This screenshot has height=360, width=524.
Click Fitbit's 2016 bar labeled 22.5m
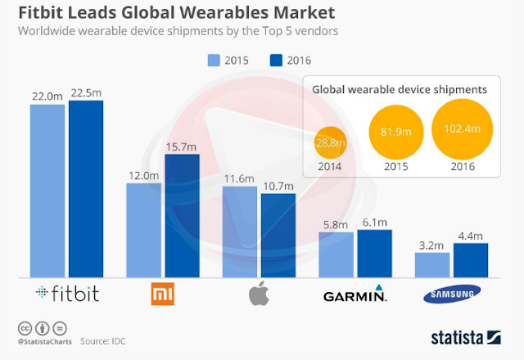pyautogui.click(x=86, y=188)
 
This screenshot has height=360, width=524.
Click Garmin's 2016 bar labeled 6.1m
pyautogui.click(x=374, y=253)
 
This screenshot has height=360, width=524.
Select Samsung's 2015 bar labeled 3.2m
pyautogui.click(x=431, y=264)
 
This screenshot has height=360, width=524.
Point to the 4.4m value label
pyautogui.click(x=470, y=235)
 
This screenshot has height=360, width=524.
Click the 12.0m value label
pyautogui.click(x=142, y=175)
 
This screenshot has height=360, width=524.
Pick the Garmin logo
pyautogui.click(x=354, y=294)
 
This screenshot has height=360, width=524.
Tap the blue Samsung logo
pyautogui.click(x=450, y=295)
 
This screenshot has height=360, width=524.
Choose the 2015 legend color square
pyautogui.click(x=215, y=60)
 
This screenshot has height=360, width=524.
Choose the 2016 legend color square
pyautogui.click(x=276, y=60)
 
